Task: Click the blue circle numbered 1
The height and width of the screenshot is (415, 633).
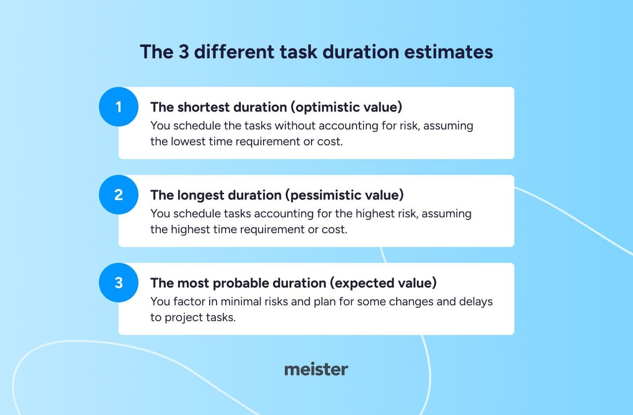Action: (x=119, y=107)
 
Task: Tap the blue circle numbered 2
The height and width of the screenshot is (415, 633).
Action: (x=119, y=195)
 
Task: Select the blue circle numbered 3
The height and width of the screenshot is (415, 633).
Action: (x=119, y=283)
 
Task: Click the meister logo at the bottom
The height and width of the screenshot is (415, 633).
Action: (x=316, y=369)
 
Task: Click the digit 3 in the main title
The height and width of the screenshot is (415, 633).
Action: (x=183, y=52)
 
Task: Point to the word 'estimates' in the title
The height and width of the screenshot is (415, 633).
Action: (x=449, y=52)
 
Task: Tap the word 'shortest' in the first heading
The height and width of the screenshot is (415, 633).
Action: (x=203, y=107)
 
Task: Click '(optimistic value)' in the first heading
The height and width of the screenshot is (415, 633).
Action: (x=346, y=107)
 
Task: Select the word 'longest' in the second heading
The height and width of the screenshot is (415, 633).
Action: (x=201, y=195)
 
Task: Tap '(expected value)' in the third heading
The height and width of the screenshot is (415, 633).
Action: (x=383, y=283)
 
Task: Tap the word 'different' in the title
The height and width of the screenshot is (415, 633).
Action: (x=234, y=52)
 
